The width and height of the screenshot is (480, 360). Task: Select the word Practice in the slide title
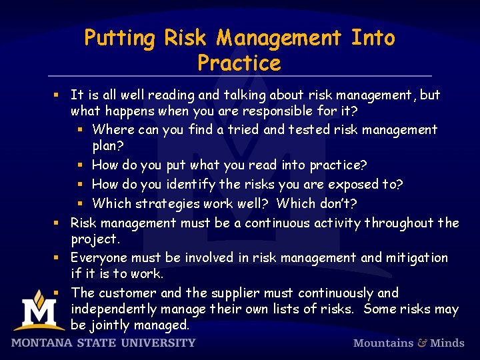(239, 63)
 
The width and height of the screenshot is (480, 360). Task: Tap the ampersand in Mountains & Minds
(422, 343)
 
